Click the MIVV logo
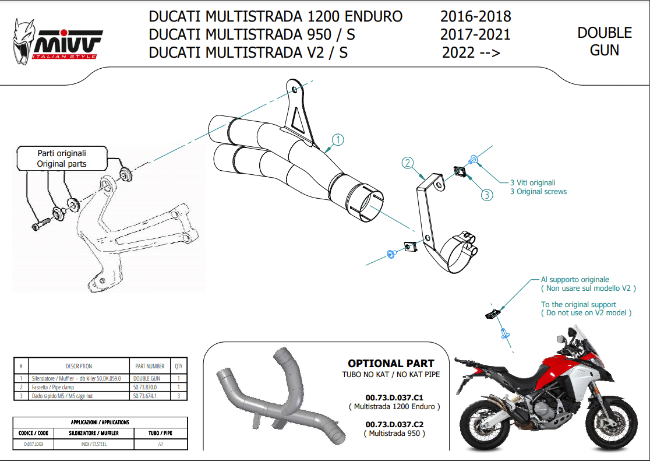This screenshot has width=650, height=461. pyautogui.click(x=58, y=43)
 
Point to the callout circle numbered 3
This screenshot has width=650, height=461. pyautogui.click(x=487, y=195)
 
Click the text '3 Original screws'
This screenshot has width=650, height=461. pyautogui.click(x=538, y=191)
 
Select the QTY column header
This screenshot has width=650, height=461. pyautogui.click(x=178, y=366)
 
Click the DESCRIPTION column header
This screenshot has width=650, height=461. pyautogui.click(x=79, y=366)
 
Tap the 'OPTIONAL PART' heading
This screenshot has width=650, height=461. pyautogui.click(x=391, y=364)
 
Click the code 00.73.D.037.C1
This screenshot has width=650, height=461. pyautogui.click(x=394, y=396)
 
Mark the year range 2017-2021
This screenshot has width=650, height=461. pyautogui.click(x=475, y=35)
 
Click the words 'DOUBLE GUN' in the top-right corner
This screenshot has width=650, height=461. pyautogui.click(x=605, y=41)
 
